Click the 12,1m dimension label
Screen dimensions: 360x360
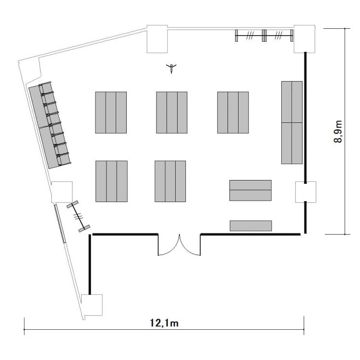tap(164, 323)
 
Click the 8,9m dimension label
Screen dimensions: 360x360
tap(338, 132)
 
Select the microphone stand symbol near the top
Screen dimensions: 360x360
tap(171, 68)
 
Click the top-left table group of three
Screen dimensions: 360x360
tap(111, 112)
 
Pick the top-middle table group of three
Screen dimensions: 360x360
tap(172, 112)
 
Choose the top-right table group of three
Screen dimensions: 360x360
tap(233, 112)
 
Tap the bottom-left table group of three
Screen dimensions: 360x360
tap(111, 181)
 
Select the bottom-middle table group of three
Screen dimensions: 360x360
tap(170, 181)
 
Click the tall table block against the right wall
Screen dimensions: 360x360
tap(292, 122)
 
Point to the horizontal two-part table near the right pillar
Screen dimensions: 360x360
tap(251, 191)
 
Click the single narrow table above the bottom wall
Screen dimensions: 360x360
tap(251, 226)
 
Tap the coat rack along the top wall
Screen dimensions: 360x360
tap(264, 36)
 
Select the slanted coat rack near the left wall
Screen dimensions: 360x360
tap(78, 216)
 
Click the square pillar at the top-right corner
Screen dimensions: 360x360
tap(305, 39)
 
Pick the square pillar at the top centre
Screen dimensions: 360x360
tap(157, 39)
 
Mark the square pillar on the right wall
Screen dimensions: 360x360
tap(306, 192)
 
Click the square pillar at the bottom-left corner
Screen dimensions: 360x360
tap(92, 305)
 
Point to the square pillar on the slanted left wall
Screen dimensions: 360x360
tap(62, 192)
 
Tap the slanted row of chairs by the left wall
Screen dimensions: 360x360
tap(50, 125)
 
